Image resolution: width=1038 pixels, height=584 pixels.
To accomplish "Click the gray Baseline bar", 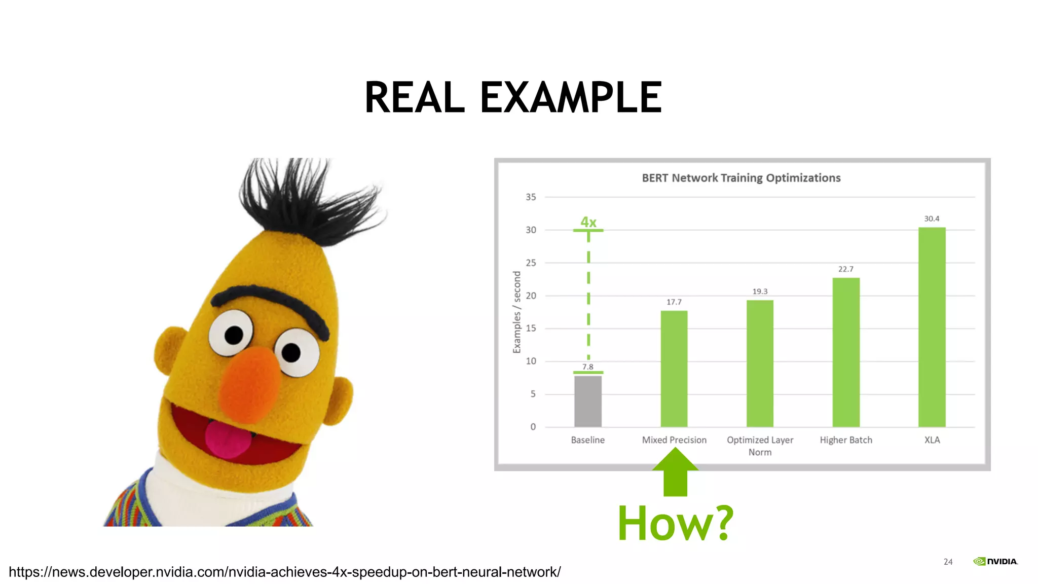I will coord(588,401).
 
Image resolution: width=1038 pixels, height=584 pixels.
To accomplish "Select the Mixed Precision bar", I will coord(674,369).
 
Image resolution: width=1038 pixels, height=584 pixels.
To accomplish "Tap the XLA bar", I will coord(932,327).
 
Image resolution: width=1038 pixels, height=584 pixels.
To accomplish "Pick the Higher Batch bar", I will coord(846,352).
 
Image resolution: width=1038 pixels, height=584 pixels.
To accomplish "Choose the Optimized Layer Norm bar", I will coord(760,363).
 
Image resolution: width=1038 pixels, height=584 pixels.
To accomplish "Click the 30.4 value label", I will coord(932,218).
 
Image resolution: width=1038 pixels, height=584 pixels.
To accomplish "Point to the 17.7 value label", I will coord(674,302).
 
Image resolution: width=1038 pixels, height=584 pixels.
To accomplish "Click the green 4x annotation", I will coord(588,222).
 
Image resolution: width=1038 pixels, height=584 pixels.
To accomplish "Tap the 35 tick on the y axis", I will coord(531,197).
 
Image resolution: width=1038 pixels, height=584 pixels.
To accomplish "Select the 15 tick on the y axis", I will coord(531,328).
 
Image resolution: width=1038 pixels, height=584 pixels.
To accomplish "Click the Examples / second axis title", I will coord(517,312).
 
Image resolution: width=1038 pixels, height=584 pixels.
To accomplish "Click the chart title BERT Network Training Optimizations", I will coord(741,178).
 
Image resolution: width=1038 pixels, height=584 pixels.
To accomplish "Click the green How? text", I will coord(675,523).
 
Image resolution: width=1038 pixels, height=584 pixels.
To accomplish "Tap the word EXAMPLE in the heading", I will coord(571,97).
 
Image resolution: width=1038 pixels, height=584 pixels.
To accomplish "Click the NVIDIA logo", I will coord(995,561).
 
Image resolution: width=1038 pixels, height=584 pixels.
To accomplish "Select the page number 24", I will coord(948,562).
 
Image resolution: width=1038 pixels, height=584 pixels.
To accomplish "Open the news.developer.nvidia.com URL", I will coord(285,572).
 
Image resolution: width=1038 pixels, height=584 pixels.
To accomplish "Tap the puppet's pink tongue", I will coord(228,439).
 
